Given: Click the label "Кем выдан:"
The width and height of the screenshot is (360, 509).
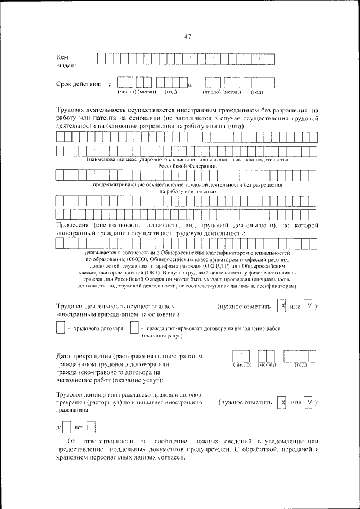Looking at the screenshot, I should coord(67,62).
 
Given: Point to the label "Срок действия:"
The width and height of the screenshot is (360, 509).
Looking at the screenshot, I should coord(78,84).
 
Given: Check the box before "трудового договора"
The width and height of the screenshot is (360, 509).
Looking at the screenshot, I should coord(61,328).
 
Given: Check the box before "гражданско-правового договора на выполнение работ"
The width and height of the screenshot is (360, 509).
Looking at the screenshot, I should coord(134,328).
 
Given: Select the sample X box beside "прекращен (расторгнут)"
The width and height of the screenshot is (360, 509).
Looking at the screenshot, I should coord(282,403).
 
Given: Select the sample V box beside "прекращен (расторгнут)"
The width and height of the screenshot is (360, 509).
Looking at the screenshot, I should coord(309,403).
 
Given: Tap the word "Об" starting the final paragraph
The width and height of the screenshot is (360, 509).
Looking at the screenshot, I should coord(70,442).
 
